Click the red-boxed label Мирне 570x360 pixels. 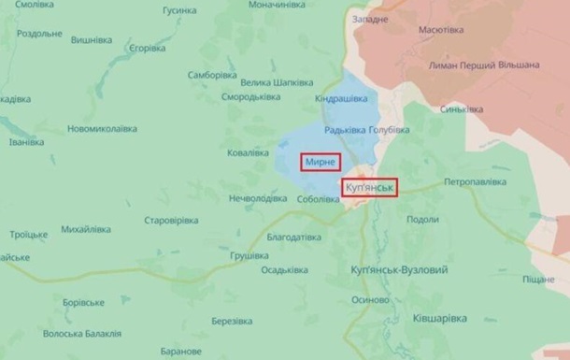tap(321, 162)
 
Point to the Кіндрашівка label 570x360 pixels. tap(340, 99)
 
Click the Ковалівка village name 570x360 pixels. tap(249, 152)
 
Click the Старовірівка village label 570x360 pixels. tap(171, 220)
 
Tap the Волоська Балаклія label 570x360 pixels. tap(83, 333)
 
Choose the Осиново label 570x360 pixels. tap(371, 300)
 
